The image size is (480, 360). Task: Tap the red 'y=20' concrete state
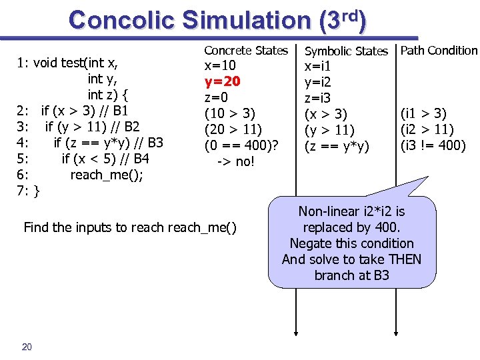coord(222,82)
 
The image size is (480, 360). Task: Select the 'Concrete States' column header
coord(246,51)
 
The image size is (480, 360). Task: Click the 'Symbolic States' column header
coord(346,51)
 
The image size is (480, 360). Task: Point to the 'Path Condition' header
coord(439,51)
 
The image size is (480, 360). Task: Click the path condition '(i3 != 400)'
coord(433,145)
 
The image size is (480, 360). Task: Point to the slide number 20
coord(27,345)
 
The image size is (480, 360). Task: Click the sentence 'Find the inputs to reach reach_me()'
coord(130,227)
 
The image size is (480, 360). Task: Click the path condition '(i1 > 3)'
coord(423,114)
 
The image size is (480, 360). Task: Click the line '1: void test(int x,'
coord(68,63)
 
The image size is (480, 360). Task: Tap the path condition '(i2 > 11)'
coord(427,129)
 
